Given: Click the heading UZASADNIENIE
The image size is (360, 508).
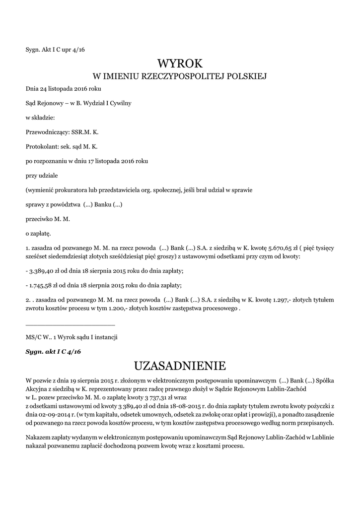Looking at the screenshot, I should point(180,366).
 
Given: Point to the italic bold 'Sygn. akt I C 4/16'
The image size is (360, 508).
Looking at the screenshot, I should point(53,351).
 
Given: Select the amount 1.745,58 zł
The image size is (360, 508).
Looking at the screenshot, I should point(45,285).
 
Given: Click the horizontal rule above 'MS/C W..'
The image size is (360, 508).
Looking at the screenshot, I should point(70,325).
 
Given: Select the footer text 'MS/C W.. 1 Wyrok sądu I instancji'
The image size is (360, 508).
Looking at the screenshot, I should point(72,337).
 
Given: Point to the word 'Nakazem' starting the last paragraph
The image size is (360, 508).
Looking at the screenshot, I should point(38,438).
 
